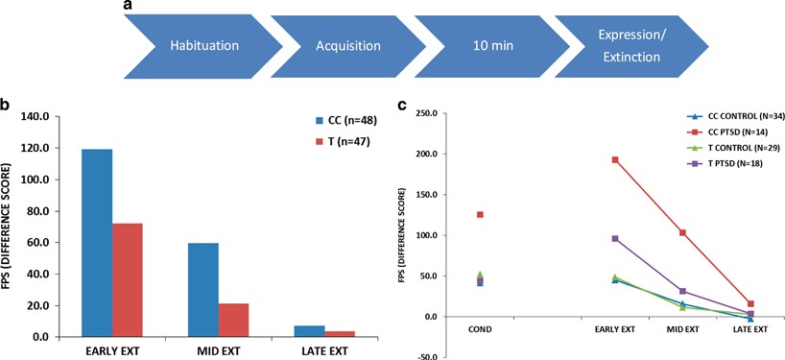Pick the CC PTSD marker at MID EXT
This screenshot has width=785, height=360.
click(682, 232)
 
